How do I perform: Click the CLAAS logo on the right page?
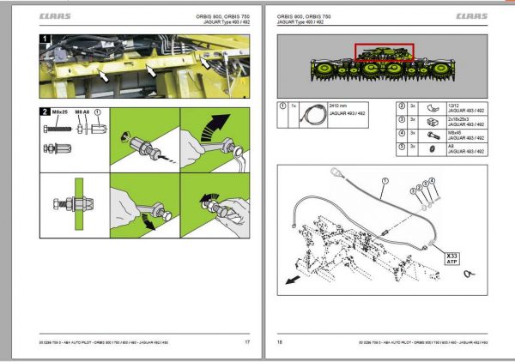(x=472, y=15)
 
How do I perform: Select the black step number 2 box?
(x=45, y=112)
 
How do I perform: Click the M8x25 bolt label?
(x=60, y=112)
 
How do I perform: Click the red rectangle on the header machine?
(x=385, y=52)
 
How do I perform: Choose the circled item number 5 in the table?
(x=401, y=148)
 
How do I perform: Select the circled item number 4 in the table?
(x=401, y=135)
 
